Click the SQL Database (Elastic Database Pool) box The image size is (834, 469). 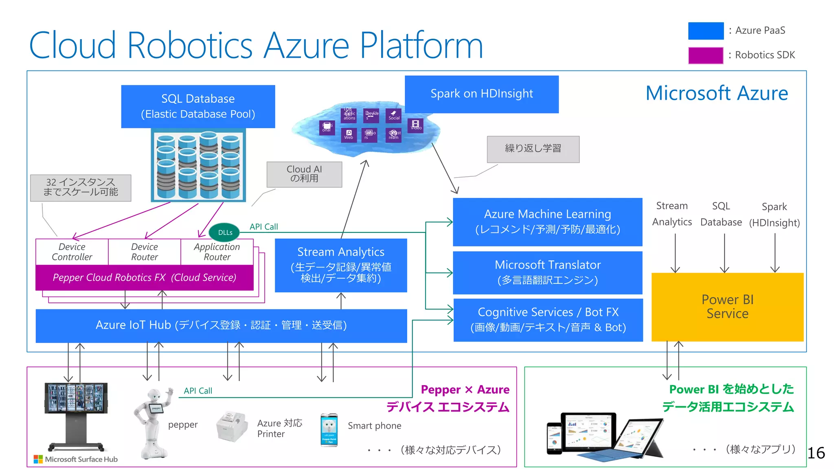pos(198,106)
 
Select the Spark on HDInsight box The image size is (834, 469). pos(481,94)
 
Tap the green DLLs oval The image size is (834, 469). pos(224,232)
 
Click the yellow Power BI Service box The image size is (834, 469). pos(727,307)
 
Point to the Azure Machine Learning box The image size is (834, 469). pos(547,221)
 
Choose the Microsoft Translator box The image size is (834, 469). pos(547,272)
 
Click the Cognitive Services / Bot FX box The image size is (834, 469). pos(548,320)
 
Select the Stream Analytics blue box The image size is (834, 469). pos(340,265)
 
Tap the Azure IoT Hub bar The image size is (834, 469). pos(221,325)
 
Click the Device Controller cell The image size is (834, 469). pos(72,252)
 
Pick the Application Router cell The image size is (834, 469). pos(217,252)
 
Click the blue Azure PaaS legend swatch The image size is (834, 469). pos(706,31)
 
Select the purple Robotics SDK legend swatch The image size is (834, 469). pos(706,55)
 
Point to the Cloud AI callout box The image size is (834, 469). pos(304,174)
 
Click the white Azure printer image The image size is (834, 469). pos(232,426)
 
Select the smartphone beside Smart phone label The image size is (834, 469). pos(329,430)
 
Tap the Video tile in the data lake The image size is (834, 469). pos(415,125)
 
